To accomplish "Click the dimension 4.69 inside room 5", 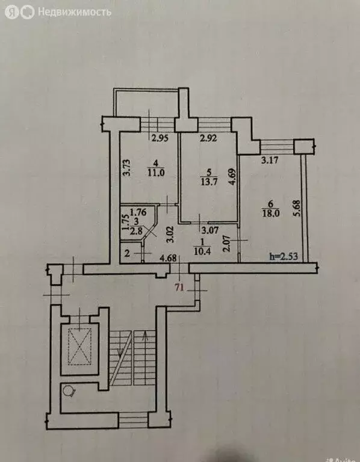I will [x=232, y=181].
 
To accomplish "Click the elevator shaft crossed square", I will [x=79, y=347].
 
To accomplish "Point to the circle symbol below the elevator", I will [x=70, y=392].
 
